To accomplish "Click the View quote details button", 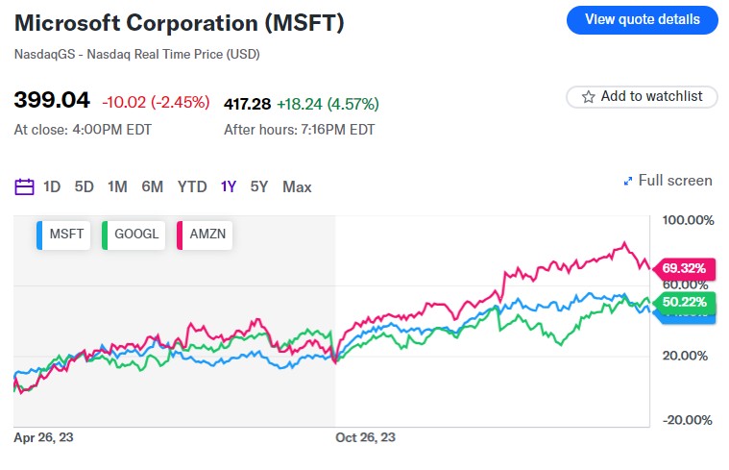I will click(643, 19).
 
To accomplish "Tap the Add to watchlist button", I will click(642, 96).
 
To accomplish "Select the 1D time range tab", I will click(52, 186).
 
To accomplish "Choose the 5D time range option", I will click(85, 186).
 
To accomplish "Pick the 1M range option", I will click(117, 186).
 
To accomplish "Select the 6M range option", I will click(152, 186).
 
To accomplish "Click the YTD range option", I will click(192, 186).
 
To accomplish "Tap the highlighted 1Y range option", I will click(229, 186).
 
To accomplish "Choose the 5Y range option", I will click(259, 186).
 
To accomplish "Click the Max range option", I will click(297, 186).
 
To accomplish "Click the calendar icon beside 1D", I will click(25, 186).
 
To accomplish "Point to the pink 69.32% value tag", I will click(684, 267).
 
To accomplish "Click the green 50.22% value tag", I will click(684, 302).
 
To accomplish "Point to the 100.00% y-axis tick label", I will click(689, 220).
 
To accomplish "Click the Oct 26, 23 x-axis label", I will click(365, 436).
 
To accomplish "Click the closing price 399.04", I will click(52, 101).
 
